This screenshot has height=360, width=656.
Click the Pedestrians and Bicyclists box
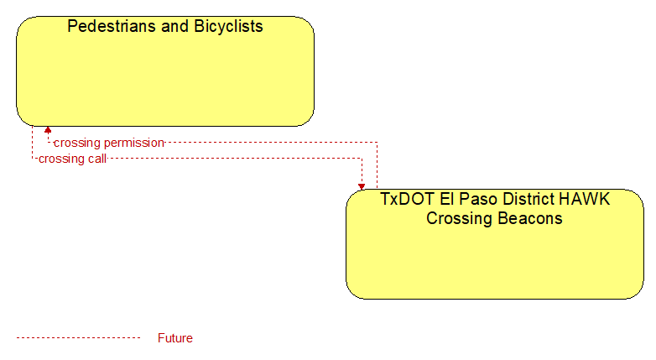point(165,71)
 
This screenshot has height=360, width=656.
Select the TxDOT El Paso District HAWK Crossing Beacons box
point(494,244)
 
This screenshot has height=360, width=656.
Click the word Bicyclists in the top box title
point(228,27)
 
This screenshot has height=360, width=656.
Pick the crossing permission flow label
point(109,143)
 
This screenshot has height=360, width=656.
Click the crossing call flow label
point(72,159)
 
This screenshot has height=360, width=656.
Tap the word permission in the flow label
point(134,143)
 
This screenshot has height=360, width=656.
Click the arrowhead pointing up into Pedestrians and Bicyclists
point(48,130)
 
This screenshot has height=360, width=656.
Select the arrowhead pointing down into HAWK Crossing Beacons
point(362,186)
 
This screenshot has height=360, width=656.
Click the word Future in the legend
point(174,338)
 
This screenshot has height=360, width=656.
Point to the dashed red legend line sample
point(78,337)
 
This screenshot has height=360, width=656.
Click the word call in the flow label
point(97,159)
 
